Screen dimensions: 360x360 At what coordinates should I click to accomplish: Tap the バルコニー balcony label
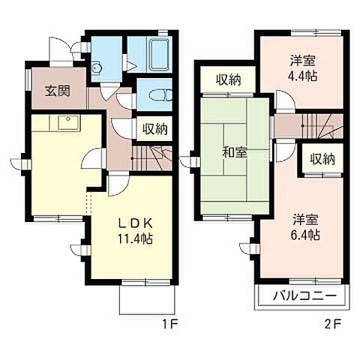pos(304,295)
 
